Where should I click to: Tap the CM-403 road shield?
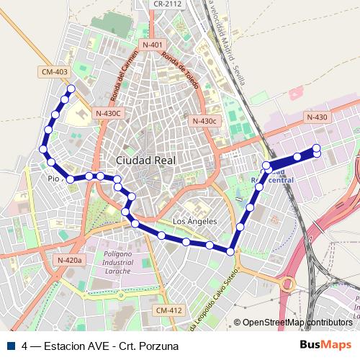pos(55,71)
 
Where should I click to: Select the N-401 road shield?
pos(152,45)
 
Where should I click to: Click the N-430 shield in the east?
pos(316,117)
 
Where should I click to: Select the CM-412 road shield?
pos(168,310)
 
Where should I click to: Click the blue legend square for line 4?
pos(9,345)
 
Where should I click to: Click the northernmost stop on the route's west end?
pos(71,89)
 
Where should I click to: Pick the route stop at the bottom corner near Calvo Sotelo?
pos(230,251)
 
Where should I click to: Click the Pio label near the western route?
pos(53,179)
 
